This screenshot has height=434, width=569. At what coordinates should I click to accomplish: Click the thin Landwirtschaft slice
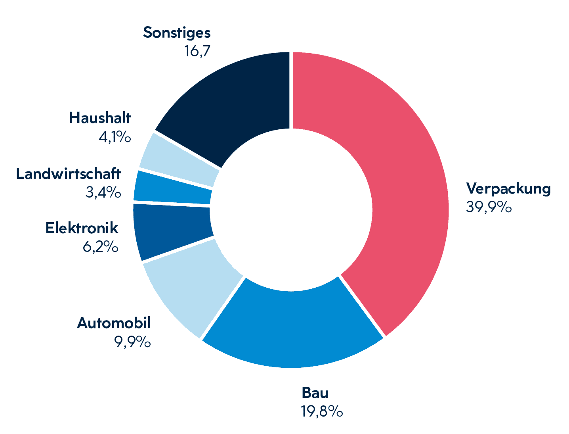172,188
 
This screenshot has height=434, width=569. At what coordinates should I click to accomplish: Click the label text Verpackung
508,188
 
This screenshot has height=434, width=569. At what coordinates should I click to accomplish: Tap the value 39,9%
489,207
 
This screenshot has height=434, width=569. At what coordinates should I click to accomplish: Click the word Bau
315,393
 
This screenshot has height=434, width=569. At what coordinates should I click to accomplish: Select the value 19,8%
322,411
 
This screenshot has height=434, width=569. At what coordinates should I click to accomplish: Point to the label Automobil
114,323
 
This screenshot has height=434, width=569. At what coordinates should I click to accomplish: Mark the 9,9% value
132,342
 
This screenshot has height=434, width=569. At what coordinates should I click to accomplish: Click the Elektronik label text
82,228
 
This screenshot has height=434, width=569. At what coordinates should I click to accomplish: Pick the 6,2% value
100,247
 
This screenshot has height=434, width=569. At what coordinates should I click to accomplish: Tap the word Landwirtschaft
69,174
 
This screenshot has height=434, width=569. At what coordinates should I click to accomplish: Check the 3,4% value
103,192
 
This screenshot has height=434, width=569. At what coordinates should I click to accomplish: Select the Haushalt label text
100,118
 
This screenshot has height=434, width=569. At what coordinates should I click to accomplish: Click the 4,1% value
115,137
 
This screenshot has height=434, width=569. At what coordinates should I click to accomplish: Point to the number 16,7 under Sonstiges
197,51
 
